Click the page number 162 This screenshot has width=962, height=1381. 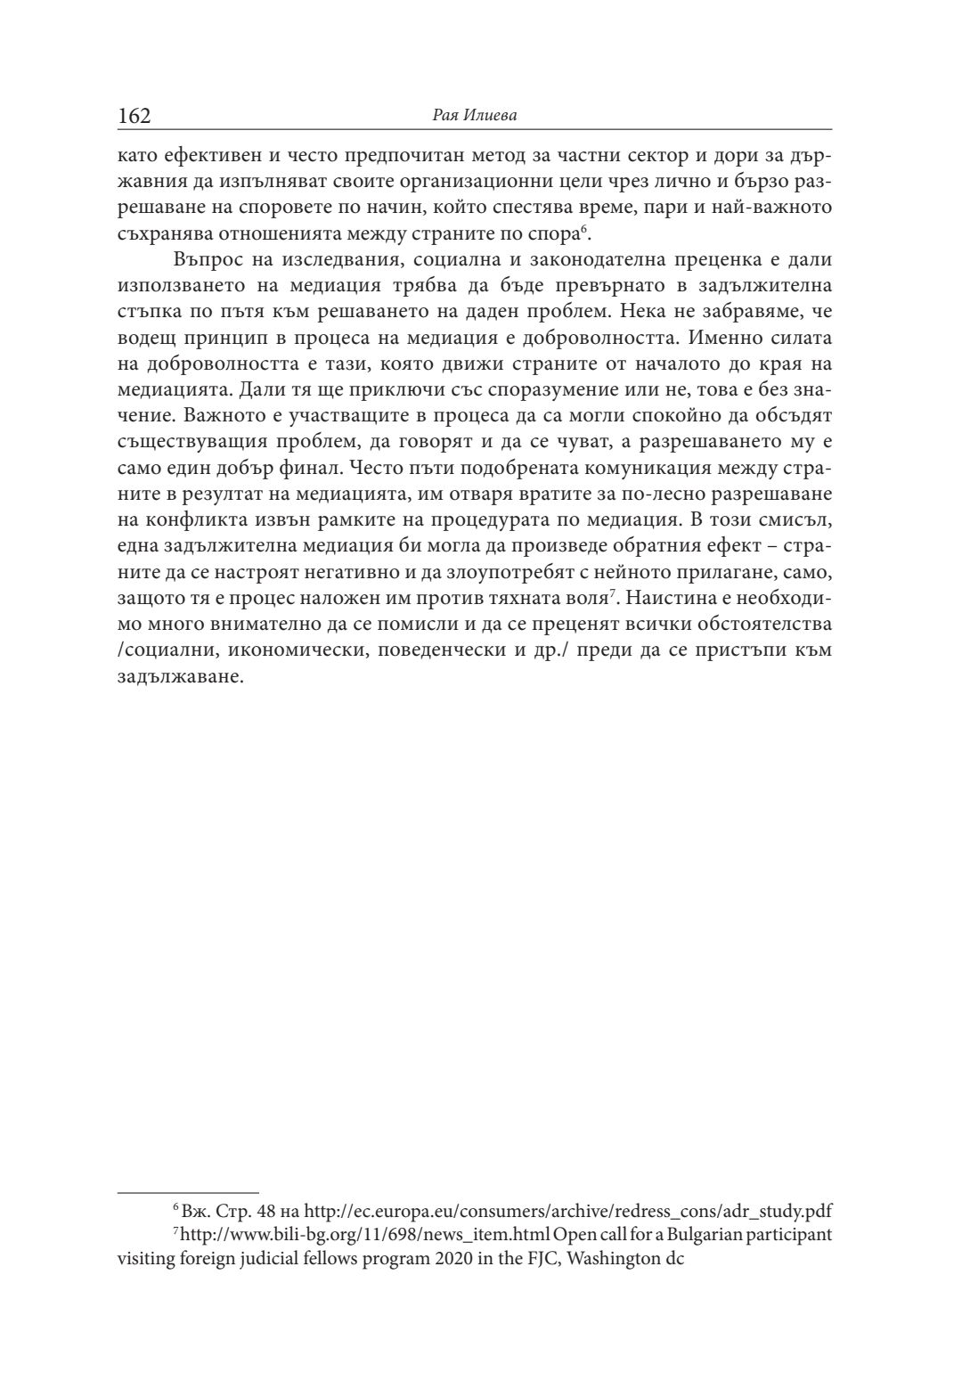[x=135, y=116]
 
